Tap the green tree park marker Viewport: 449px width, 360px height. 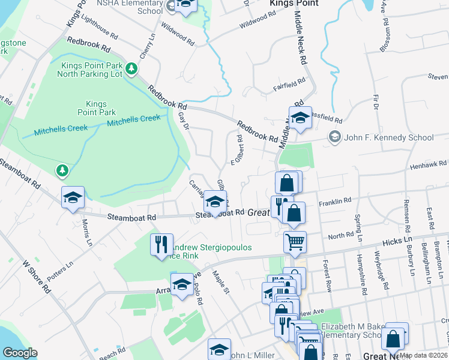pos(62,171)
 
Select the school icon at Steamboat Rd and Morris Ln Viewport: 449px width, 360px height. pos(73,198)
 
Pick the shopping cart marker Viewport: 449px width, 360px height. pos(295,242)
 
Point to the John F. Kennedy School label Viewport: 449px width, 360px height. pos(388,137)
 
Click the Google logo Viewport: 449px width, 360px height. pos(19,353)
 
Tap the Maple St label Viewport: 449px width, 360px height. pos(221,282)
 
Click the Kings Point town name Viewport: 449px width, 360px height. pos(291,3)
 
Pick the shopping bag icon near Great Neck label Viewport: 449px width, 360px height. pos(394,339)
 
